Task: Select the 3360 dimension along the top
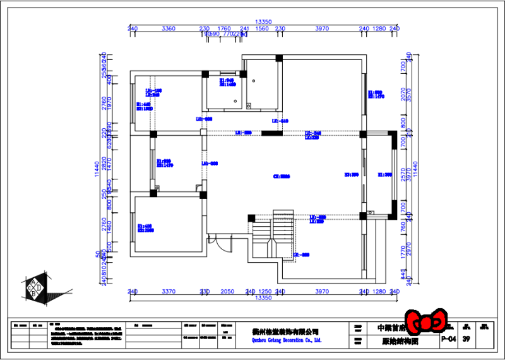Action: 169,28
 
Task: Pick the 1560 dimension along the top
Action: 262,28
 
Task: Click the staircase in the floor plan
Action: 282,233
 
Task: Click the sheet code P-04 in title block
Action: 448,339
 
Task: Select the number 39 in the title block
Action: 466,339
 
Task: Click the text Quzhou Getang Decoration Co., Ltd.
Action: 278,340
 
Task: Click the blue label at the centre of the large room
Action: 281,177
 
